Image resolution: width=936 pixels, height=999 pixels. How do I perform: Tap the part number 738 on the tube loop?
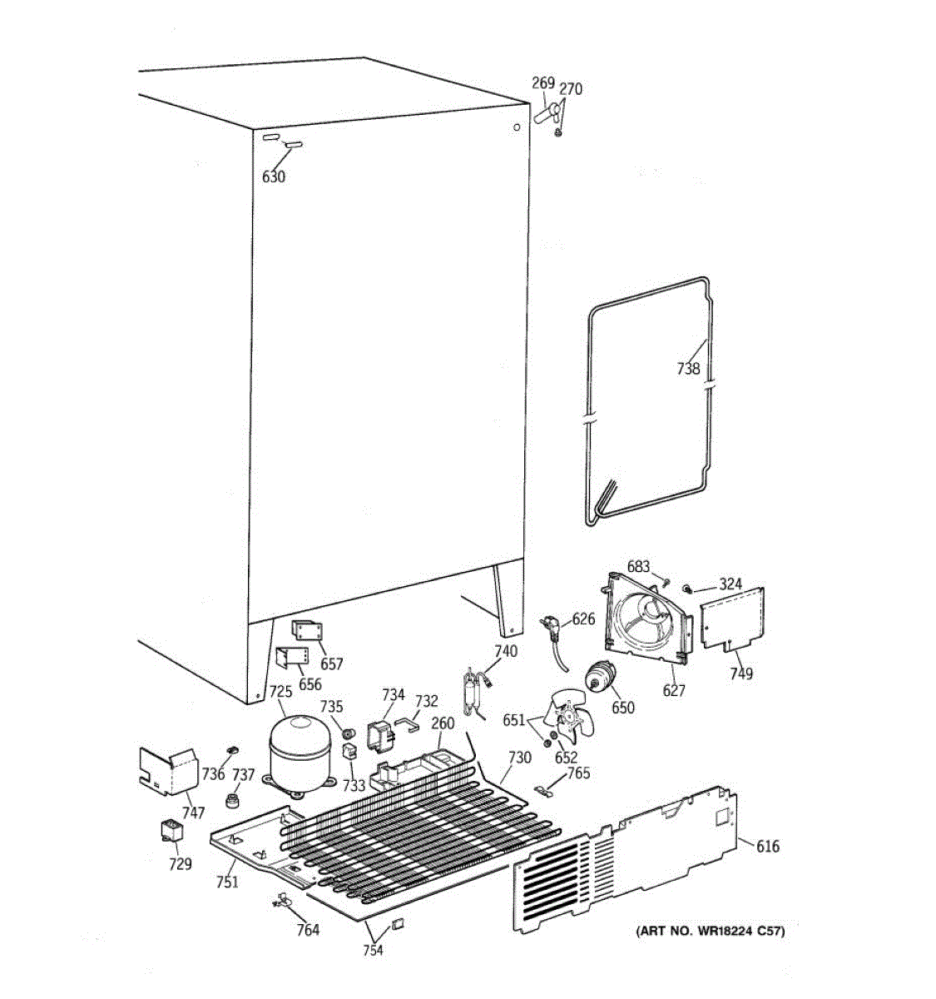(x=688, y=368)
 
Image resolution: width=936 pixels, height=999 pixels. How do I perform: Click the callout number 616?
(x=767, y=847)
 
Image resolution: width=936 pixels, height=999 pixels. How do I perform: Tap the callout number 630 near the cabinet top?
(x=274, y=176)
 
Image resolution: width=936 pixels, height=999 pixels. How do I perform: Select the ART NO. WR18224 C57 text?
(x=710, y=931)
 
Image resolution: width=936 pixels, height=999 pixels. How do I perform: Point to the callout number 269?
(x=542, y=82)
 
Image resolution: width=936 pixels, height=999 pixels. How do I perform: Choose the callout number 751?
(x=226, y=882)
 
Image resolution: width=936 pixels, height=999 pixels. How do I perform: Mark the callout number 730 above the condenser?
(x=519, y=757)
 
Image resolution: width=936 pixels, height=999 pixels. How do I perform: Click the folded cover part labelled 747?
(x=166, y=770)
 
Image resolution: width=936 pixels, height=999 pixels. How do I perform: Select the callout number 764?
(x=308, y=930)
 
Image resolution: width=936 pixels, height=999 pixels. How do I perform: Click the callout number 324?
(x=730, y=584)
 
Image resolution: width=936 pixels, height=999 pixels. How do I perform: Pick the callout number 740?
(x=505, y=651)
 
